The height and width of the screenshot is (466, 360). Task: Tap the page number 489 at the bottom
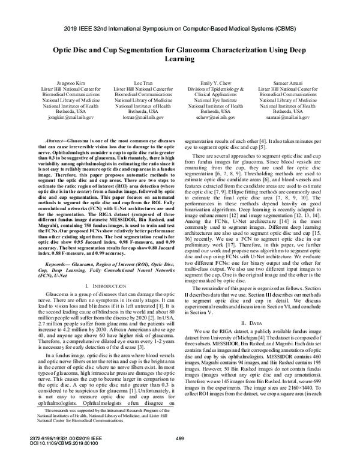[x=179, y=455]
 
